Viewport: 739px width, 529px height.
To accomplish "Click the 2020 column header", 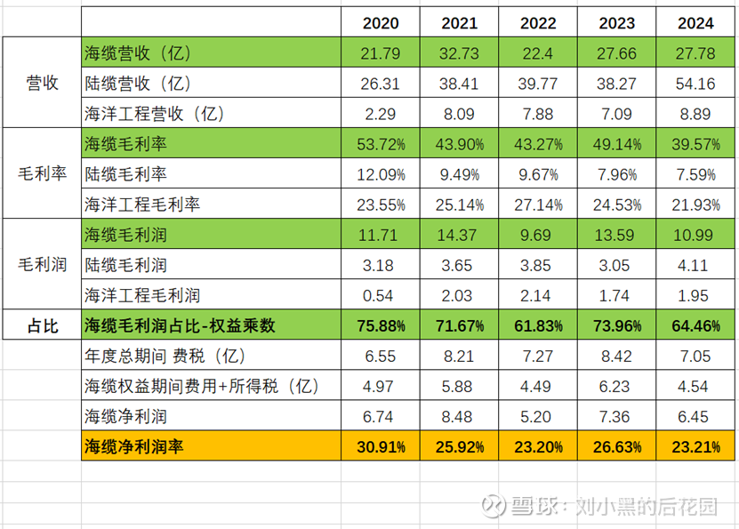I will point(381,22).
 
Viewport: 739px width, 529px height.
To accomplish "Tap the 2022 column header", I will point(538,22).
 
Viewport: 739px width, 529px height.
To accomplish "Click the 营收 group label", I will point(42,84).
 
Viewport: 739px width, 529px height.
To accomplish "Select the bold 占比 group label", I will point(41,325).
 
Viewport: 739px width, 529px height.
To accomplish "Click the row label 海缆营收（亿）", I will point(140,53).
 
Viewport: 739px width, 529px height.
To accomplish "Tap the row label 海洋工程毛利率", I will point(141,204).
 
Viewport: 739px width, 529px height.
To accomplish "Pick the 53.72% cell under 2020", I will point(381,144).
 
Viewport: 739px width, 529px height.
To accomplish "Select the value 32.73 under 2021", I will point(459,53).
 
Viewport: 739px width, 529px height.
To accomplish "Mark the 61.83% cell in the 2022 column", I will point(538,325).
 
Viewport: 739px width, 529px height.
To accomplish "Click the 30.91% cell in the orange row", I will point(381,447).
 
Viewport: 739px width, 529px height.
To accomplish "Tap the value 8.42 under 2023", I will point(616,357).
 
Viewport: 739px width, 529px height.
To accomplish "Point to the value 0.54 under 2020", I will point(381,295).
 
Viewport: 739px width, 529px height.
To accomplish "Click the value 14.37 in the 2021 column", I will point(459,235).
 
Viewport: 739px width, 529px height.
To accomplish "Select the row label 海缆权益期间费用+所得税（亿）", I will point(201,387).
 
